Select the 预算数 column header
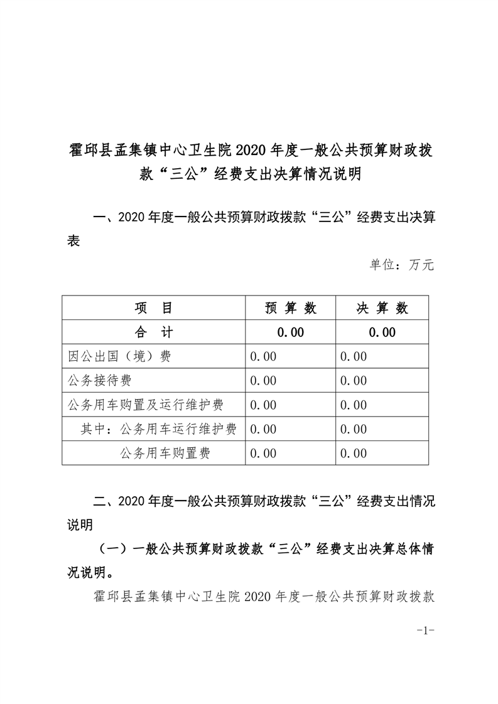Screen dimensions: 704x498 click(x=290, y=308)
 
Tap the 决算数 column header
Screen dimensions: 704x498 click(x=382, y=308)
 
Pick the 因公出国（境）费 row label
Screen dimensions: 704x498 click(x=119, y=356)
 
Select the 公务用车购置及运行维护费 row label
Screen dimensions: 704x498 click(x=146, y=405)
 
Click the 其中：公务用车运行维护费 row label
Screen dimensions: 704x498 click(x=159, y=429)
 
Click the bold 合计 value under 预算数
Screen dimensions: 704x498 click(x=290, y=333)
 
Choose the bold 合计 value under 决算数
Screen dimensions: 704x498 click(x=382, y=333)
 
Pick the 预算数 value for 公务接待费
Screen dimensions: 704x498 click(x=263, y=381)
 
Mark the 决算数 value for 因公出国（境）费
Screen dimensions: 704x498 click(x=354, y=356)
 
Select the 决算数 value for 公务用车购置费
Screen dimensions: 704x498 click(x=354, y=453)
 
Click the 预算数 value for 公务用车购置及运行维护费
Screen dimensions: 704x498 click(x=263, y=405)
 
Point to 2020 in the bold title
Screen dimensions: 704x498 click(x=251, y=151)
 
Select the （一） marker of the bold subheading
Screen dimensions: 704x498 click(x=114, y=549)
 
